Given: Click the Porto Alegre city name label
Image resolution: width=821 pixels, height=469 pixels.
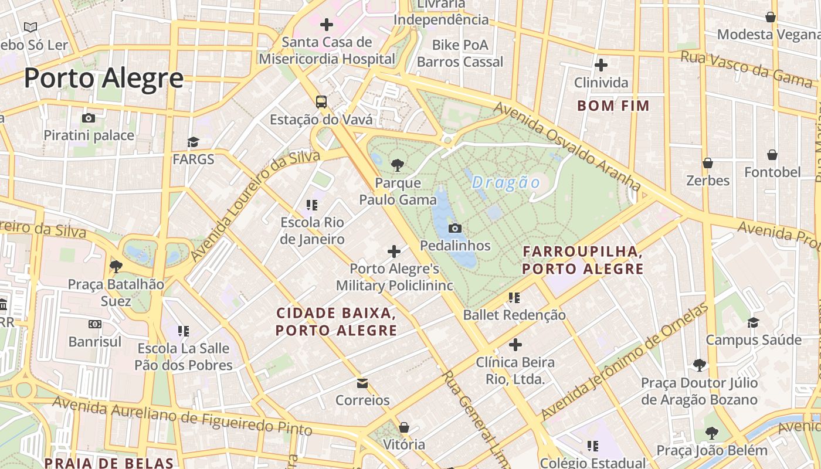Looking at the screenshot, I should point(103,78).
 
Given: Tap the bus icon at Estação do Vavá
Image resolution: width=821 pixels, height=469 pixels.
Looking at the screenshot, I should point(321,101).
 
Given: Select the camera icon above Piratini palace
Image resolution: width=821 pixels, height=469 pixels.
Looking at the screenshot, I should point(89,118).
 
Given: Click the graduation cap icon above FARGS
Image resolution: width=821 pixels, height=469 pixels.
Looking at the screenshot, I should point(193,142).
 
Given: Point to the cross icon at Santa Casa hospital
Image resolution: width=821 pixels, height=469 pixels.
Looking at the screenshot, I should point(327,25).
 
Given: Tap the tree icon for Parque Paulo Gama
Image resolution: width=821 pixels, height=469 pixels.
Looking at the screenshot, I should point(398,165).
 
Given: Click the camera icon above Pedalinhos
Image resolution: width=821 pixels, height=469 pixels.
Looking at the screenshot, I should point(454,228).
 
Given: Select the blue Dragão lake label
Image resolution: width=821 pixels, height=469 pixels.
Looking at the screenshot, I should point(506,182).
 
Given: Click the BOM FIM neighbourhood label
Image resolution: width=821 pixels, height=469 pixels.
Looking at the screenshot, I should point(613,106).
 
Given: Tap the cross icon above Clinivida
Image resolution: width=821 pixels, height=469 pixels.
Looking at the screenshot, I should point(601,64).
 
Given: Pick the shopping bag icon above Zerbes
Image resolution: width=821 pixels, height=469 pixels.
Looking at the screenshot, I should point(708,162).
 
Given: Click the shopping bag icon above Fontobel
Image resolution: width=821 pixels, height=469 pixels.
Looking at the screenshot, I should point(772,155).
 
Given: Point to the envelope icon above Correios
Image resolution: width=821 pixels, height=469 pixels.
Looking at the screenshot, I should point(362,383).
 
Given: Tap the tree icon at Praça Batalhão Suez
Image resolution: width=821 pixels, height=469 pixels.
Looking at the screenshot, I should point(116,267).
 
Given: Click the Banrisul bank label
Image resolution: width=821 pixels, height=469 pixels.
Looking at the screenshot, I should point(95,341).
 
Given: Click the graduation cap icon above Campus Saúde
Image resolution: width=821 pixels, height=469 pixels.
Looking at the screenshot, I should point(753,322).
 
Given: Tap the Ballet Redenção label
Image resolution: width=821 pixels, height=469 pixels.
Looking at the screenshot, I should point(514,315).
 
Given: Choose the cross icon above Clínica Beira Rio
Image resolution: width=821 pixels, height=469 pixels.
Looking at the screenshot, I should point(515,345).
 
